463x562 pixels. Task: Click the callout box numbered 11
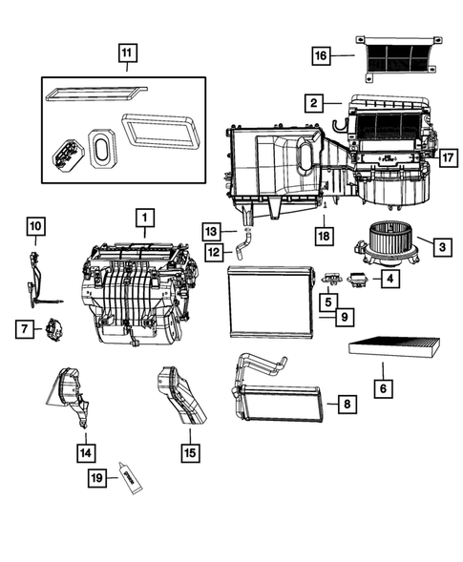pos(127,53)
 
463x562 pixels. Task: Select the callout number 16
pos(323,56)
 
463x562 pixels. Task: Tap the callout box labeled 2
pos(312,101)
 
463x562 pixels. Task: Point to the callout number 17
pos(449,154)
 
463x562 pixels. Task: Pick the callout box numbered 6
pos(383,389)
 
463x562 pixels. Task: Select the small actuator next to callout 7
pos(53,331)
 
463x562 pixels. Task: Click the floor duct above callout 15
pos(182,396)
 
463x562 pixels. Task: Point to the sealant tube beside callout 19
pos(129,478)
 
